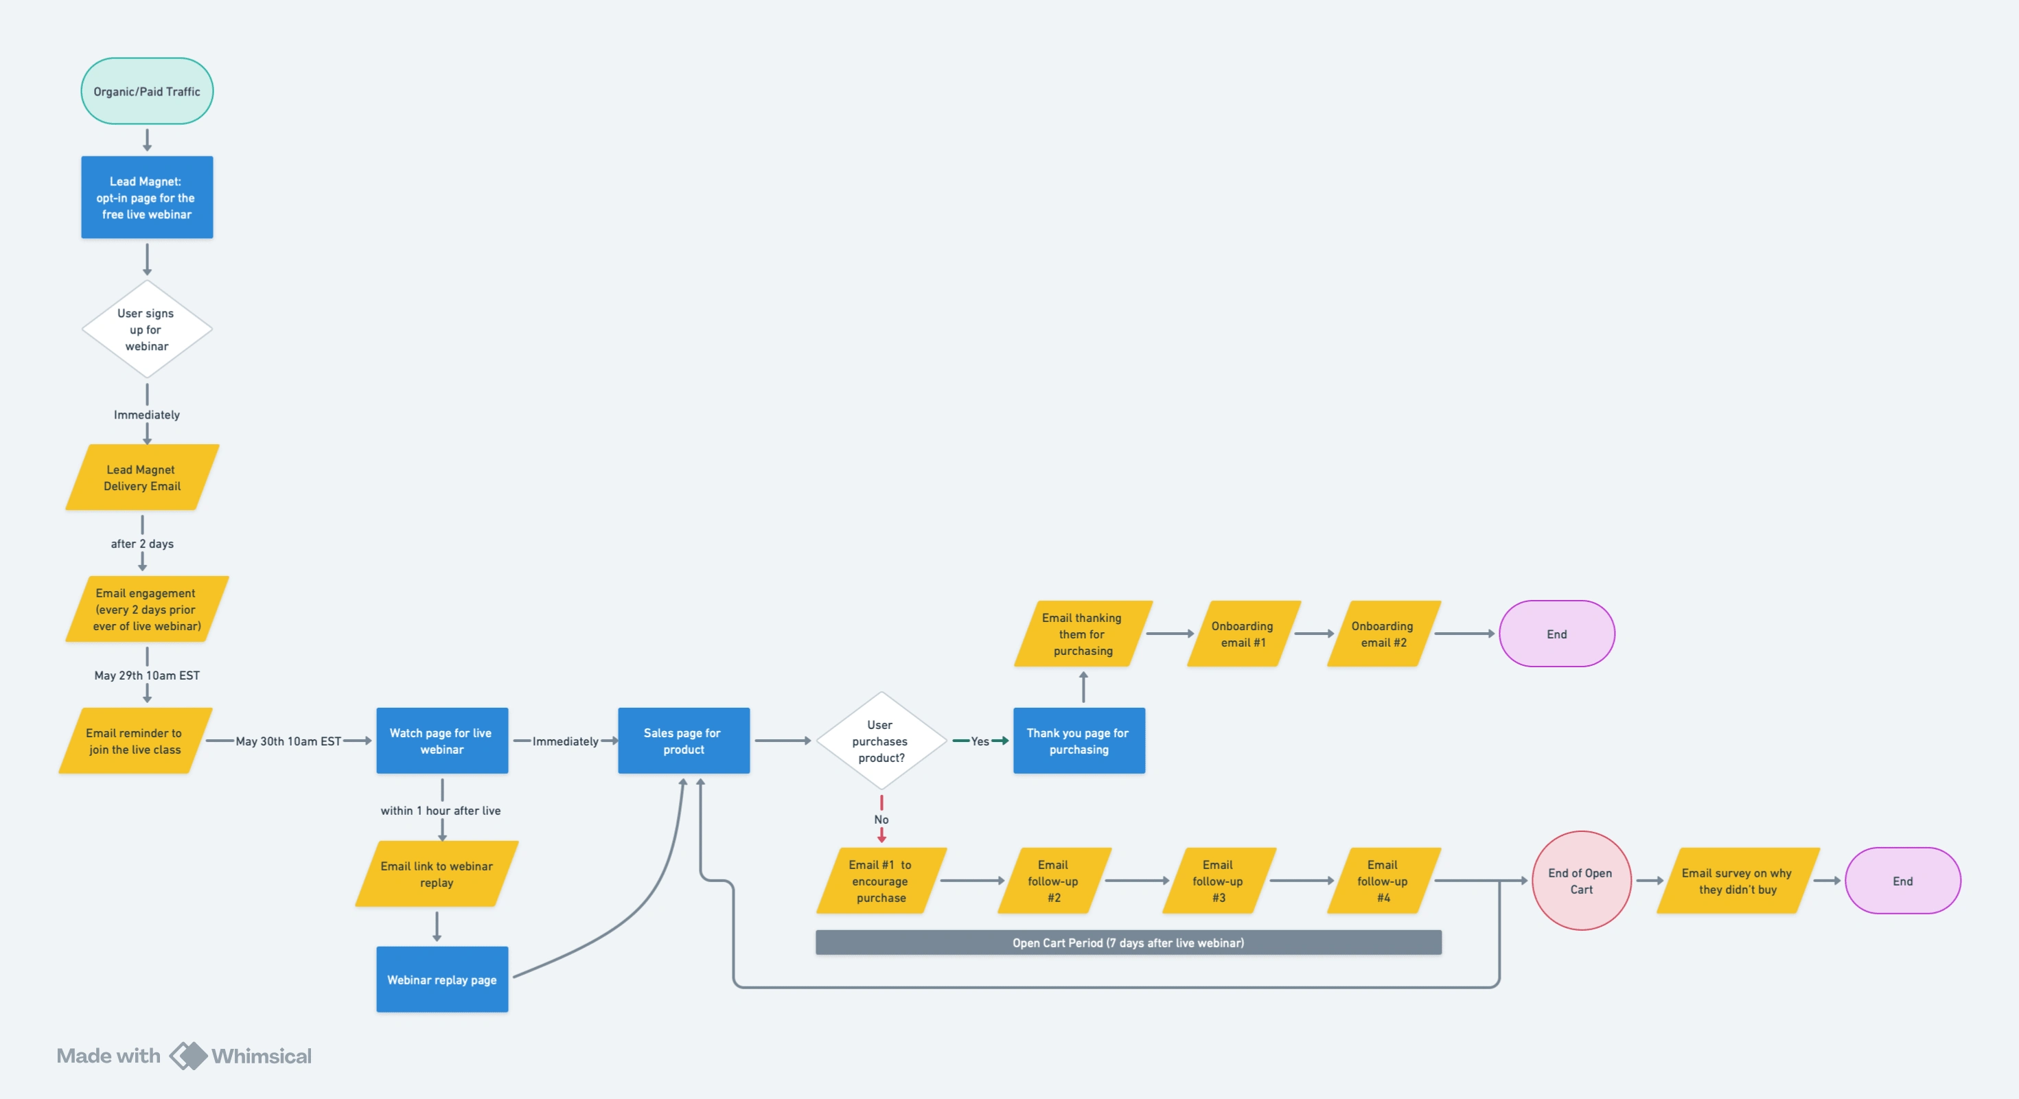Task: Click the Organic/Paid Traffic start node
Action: [x=146, y=91]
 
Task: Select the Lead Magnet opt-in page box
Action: [x=146, y=198]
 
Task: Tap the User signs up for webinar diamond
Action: [x=146, y=329]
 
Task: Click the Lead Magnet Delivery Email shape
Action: [x=142, y=477]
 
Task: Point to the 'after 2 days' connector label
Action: [x=142, y=543]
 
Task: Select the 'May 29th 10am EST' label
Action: [x=146, y=675]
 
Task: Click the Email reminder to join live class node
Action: [x=135, y=741]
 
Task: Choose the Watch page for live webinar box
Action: [x=442, y=741]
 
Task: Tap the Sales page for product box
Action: [x=684, y=741]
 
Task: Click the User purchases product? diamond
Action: [x=881, y=741]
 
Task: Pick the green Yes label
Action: [x=980, y=741]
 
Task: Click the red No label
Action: [x=881, y=819]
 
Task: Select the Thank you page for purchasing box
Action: [x=1078, y=741]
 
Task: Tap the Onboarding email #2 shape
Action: [x=1383, y=634]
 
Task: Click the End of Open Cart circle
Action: [x=1581, y=880]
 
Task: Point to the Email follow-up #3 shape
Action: [x=1218, y=880]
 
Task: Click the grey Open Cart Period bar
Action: [x=1128, y=942]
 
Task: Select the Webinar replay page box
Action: [x=442, y=979]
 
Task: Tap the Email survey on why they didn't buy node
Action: [x=1738, y=880]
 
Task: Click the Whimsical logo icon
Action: [x=188, y=1055]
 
